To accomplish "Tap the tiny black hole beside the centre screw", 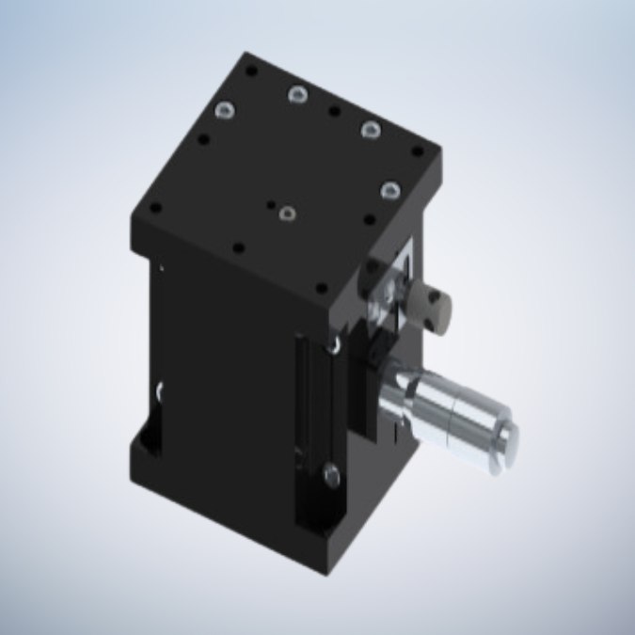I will click(271, 201).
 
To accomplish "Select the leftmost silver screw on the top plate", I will click(225, 112).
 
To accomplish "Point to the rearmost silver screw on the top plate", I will click(298, 93).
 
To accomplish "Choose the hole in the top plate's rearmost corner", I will click(251, 70).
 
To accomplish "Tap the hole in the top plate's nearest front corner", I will click(321, 289).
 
